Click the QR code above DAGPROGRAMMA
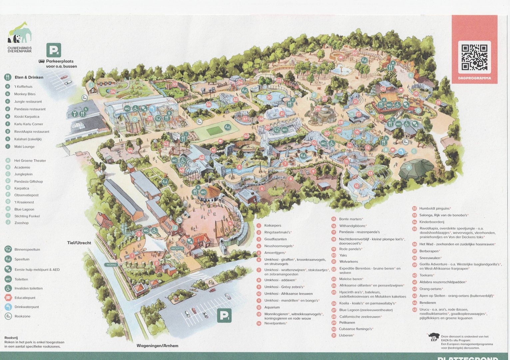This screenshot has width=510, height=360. tap(474, 57)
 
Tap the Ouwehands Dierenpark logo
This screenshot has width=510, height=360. tap(20, 37)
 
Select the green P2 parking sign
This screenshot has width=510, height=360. tap(54, 50)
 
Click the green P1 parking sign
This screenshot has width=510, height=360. tap(224, 315)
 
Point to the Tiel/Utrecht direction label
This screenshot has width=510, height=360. tap(79, 243)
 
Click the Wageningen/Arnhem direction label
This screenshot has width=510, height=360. tap(157, 346)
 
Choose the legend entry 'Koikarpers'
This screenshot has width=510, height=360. tap(272, 226)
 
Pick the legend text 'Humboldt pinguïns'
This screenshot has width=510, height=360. tap(434, 208)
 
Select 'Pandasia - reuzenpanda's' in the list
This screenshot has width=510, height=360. tap(359, 232)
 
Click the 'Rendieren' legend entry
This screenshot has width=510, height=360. tap(427, 303)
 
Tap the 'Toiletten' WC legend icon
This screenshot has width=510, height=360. tap(8, 279)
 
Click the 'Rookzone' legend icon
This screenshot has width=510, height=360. tap(8, 316)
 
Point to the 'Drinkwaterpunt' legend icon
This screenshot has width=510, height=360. tap(8, 307)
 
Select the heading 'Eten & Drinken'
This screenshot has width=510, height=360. tap(29, 77)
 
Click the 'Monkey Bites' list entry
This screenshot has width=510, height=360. tap(25, 94)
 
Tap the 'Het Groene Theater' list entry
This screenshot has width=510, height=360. tap(30, 161)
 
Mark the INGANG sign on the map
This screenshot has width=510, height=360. tap(111, 265)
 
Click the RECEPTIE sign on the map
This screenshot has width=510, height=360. tap(177, 248)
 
